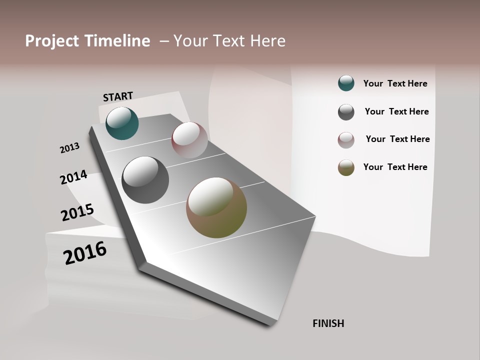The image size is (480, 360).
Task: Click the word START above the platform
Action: tap(118, 96)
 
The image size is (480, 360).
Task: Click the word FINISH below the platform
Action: tap(328, 323)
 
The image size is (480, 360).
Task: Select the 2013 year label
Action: tap(69, 148)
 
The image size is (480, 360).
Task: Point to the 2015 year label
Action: tap(77, 212)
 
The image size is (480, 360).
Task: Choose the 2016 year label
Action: tap(85, 253)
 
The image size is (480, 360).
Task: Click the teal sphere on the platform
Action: tap(122, 123)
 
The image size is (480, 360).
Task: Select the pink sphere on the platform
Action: tap(189, 139)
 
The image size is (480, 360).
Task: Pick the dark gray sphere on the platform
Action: tap(145, 180)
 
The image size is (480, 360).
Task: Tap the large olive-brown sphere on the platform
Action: tap(216, 207)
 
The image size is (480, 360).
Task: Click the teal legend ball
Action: tap(346, 83)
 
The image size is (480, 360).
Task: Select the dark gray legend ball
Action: tap(346, 112)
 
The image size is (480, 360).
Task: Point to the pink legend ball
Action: tap(346, 140)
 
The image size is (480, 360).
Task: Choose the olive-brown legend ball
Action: tap(346, 168)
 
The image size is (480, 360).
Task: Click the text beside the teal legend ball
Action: tap(395, 83)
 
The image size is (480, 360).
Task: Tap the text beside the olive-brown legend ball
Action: tap(395, 167)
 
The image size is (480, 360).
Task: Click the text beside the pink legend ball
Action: tap(397, 139)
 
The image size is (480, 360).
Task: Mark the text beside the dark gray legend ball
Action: tap(396, 111)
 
